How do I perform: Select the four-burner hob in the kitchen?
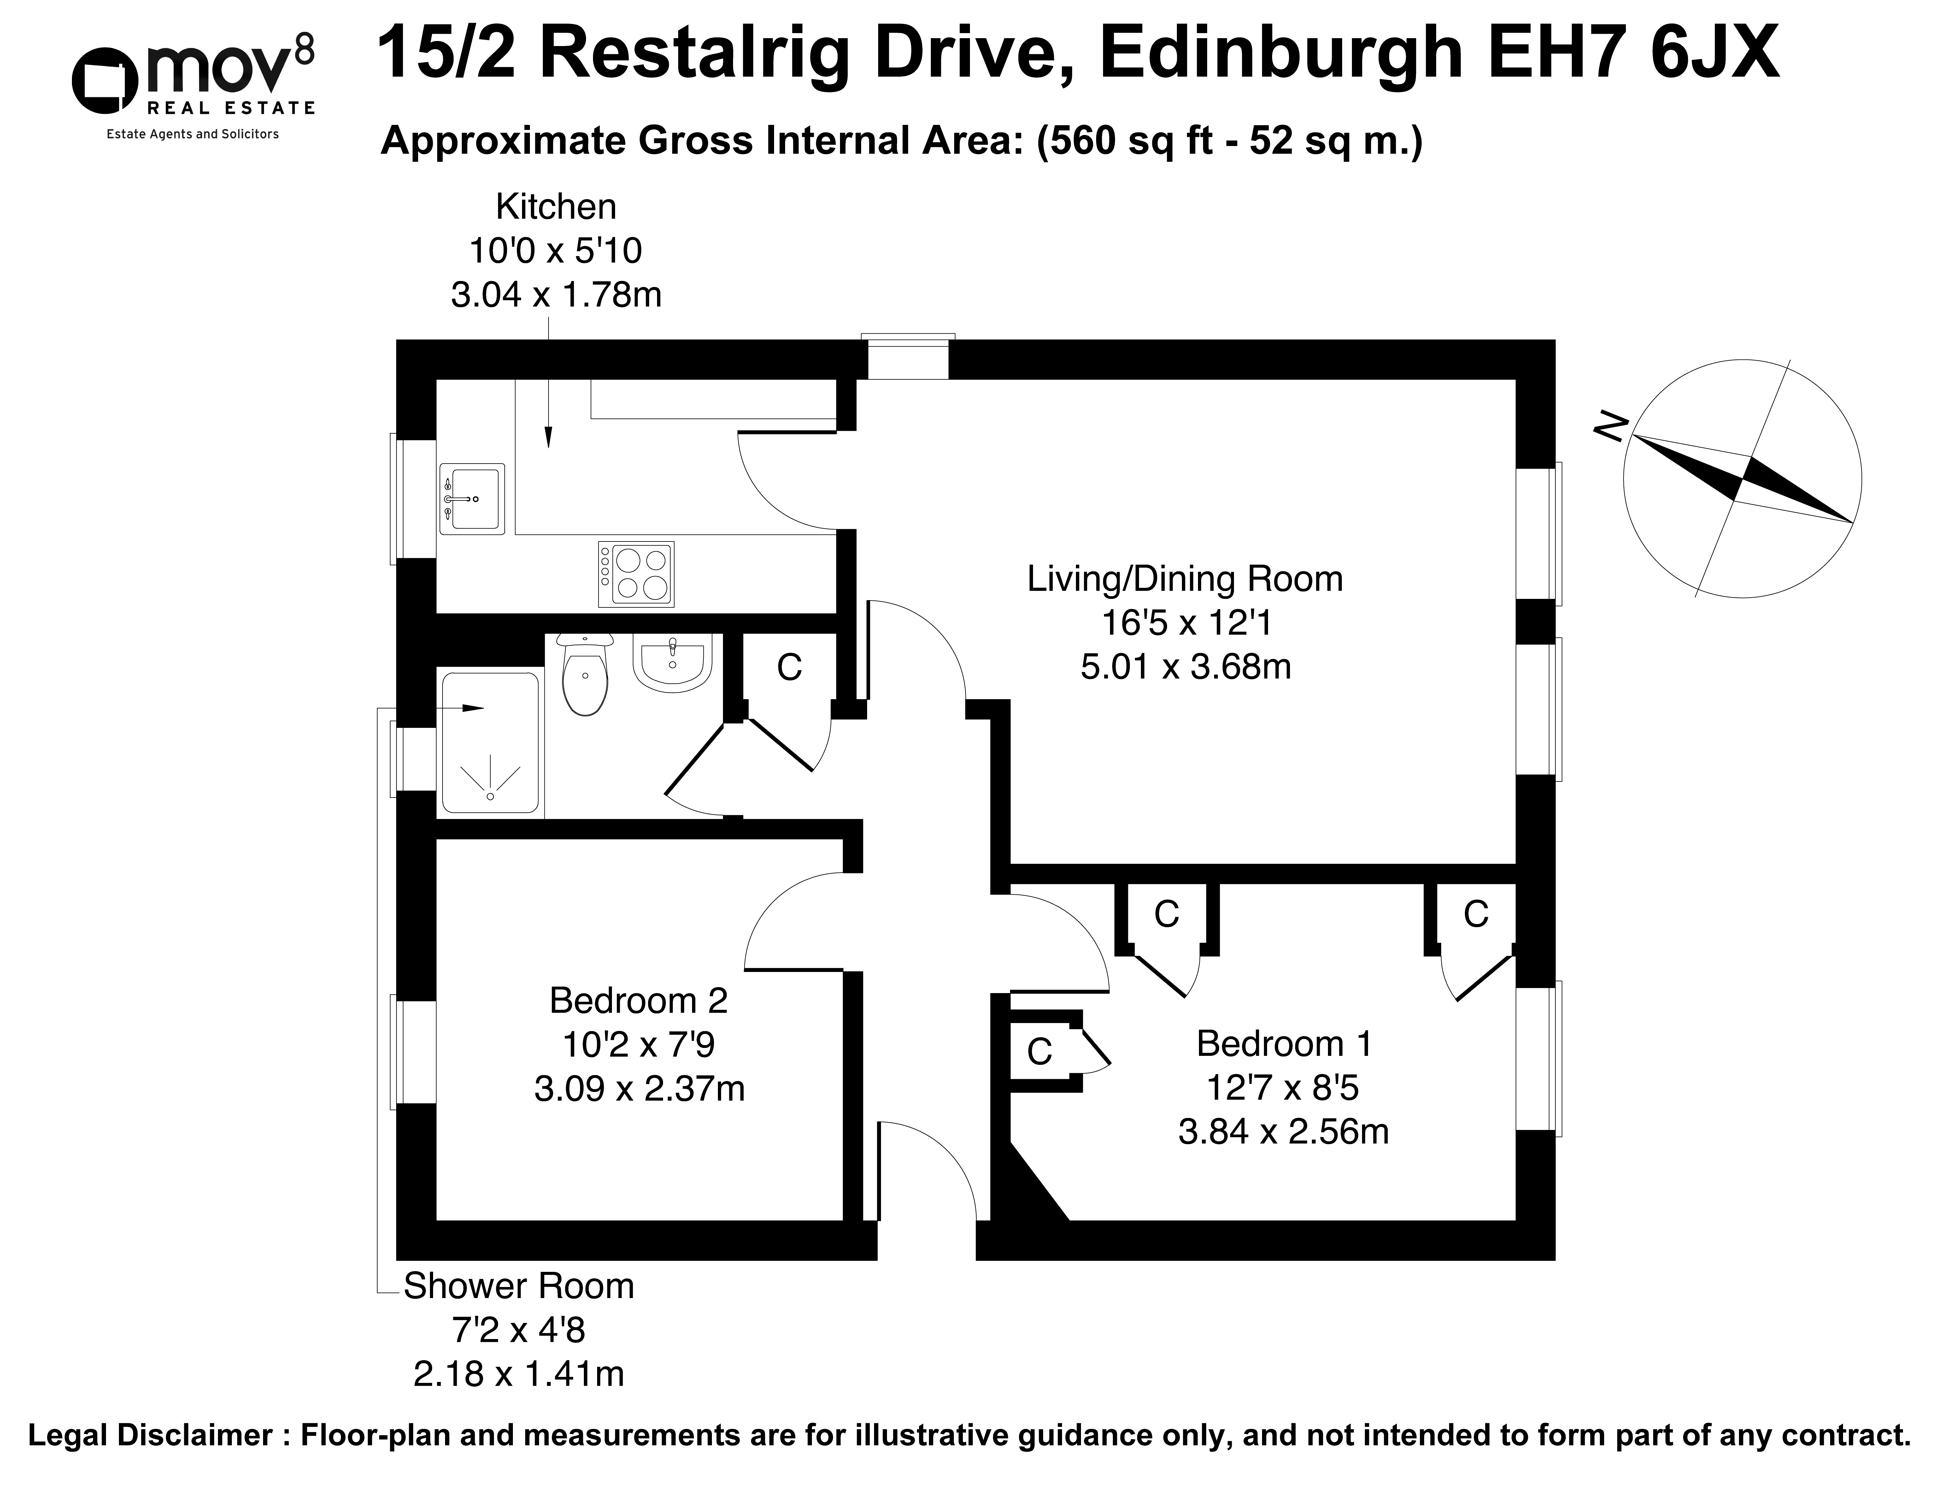click(636, 574)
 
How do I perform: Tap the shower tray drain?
click(490, 796)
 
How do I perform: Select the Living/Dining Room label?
click(1184, 579)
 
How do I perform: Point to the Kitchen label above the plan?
click(555, 207)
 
